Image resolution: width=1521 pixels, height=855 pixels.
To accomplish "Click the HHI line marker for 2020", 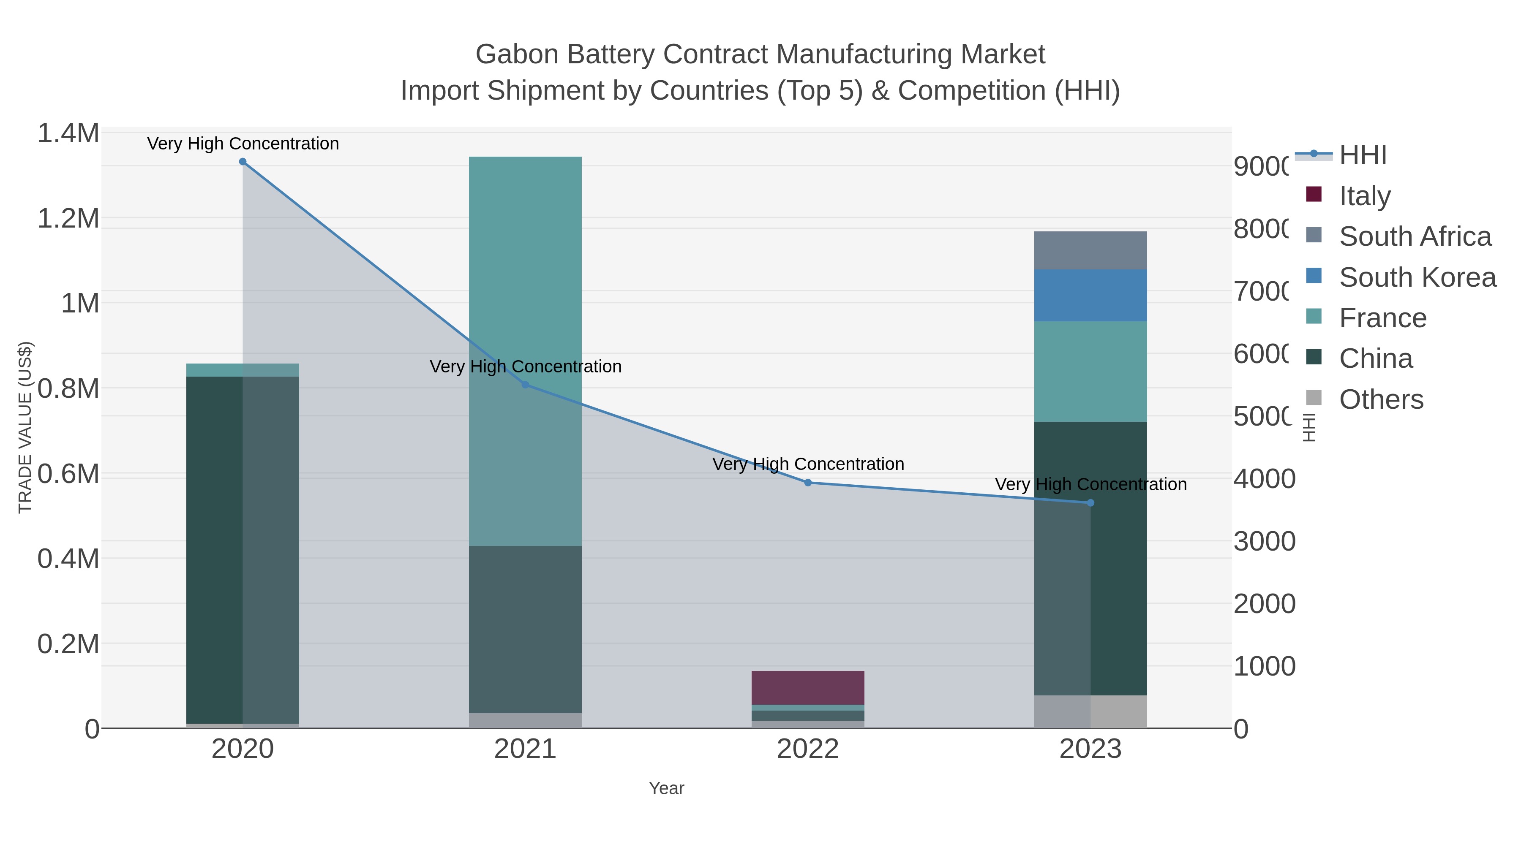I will pos(243,162).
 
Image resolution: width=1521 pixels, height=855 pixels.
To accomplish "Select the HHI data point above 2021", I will pos(526,385).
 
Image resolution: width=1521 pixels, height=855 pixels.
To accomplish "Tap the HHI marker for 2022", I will pos(808,483).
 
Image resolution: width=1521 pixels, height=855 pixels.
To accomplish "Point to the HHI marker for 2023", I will pos(1090,503).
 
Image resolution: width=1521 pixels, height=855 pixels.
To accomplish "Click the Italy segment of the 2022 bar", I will pos(808,687).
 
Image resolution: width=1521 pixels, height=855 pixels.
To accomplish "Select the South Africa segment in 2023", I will pos(1090,250).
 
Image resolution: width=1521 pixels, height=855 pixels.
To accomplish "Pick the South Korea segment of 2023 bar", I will pos(1090,295).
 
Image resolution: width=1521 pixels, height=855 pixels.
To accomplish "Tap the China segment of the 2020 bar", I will pos(243,549).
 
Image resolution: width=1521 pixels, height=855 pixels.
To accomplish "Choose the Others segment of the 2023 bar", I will pos(1090,711).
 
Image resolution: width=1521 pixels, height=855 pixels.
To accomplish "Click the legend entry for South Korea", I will pos(1417,277).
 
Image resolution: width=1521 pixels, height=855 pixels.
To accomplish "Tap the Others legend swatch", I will pos(1314,398).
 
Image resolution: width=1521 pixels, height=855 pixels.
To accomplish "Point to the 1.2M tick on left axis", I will pos(68,218).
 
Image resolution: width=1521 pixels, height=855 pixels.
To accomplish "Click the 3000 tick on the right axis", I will pos(1264,541).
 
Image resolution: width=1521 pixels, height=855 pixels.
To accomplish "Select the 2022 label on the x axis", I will pos(808,749).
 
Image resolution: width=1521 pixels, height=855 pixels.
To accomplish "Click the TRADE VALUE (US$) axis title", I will pos(25,427).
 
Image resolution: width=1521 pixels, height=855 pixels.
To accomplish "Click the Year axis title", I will pos(666,788).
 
